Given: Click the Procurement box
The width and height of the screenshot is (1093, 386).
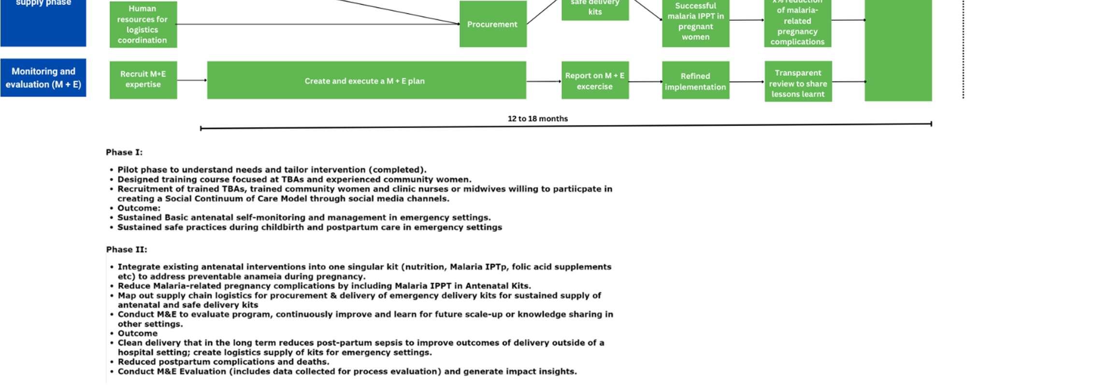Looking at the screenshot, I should (x=492, y=24).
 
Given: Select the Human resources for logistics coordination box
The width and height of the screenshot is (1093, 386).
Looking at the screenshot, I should (x=143, y=25).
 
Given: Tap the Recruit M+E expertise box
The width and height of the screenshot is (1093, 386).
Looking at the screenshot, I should (x=143, y=80).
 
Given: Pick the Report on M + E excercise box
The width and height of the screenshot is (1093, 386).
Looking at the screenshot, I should (x=595, y=81).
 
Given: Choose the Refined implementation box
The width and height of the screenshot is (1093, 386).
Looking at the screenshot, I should (x=695, y=81).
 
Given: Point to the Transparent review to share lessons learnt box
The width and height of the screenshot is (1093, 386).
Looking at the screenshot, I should (x=798, y=83).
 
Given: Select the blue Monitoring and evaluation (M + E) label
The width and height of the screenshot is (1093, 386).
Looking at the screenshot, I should (x=43, y=78).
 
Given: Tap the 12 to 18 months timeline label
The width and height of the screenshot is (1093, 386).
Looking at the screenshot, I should (x=537, y=119).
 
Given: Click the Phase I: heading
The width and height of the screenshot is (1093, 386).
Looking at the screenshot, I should (x=124, y=153).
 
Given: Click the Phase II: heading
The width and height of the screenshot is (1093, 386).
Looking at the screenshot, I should (x=127, y=250).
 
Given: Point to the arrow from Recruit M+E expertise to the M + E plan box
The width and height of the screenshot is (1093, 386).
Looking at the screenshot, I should (x=192, y=80).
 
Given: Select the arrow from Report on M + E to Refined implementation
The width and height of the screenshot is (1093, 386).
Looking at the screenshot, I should (x=645, y=82).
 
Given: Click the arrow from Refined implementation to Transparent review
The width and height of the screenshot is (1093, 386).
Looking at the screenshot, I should (x=747, y=82).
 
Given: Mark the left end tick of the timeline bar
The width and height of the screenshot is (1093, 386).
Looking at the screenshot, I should (x=201, y=129).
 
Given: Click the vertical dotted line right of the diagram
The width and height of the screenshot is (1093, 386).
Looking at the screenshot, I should (x=963, y=48).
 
